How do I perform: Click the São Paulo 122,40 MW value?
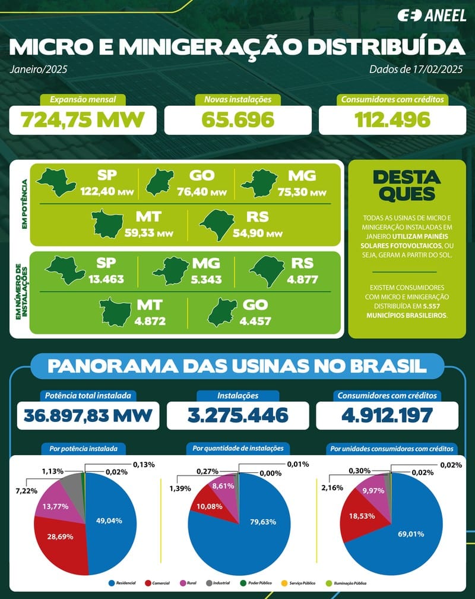point(99,193)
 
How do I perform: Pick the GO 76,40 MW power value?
point(204,193)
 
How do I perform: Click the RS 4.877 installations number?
point(301,280)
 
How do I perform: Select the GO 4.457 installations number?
point(247,321)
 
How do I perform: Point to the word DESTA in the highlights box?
point(407,177)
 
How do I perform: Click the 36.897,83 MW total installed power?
point(88,415)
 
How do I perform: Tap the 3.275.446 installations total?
point(237,415)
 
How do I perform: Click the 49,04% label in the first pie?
point(108,521)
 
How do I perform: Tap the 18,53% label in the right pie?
point(362,516)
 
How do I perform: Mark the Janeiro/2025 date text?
point(38,70)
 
